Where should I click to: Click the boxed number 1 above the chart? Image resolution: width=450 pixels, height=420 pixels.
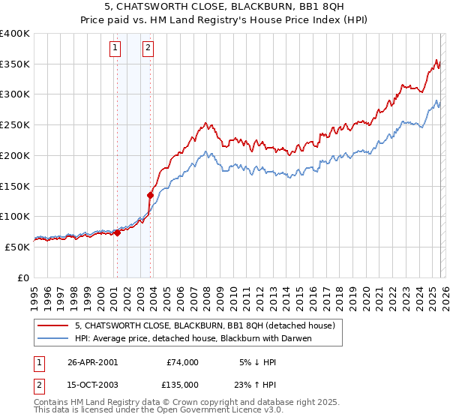click(115, 49)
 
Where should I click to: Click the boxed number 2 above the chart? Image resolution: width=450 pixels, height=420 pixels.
click(148, 49)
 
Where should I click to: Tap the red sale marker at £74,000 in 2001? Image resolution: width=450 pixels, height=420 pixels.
click(117, 232)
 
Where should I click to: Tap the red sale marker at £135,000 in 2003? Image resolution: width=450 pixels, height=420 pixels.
click(151, 195)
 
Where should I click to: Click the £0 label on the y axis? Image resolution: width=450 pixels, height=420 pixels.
click(22, 277)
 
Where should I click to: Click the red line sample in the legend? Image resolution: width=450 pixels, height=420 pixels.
click(52, 325)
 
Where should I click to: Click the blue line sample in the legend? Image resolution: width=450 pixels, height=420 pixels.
click(52, 338)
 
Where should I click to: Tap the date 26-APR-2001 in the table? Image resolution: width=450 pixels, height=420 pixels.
click(92, 362)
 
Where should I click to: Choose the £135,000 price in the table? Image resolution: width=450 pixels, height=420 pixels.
click(182, 385)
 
